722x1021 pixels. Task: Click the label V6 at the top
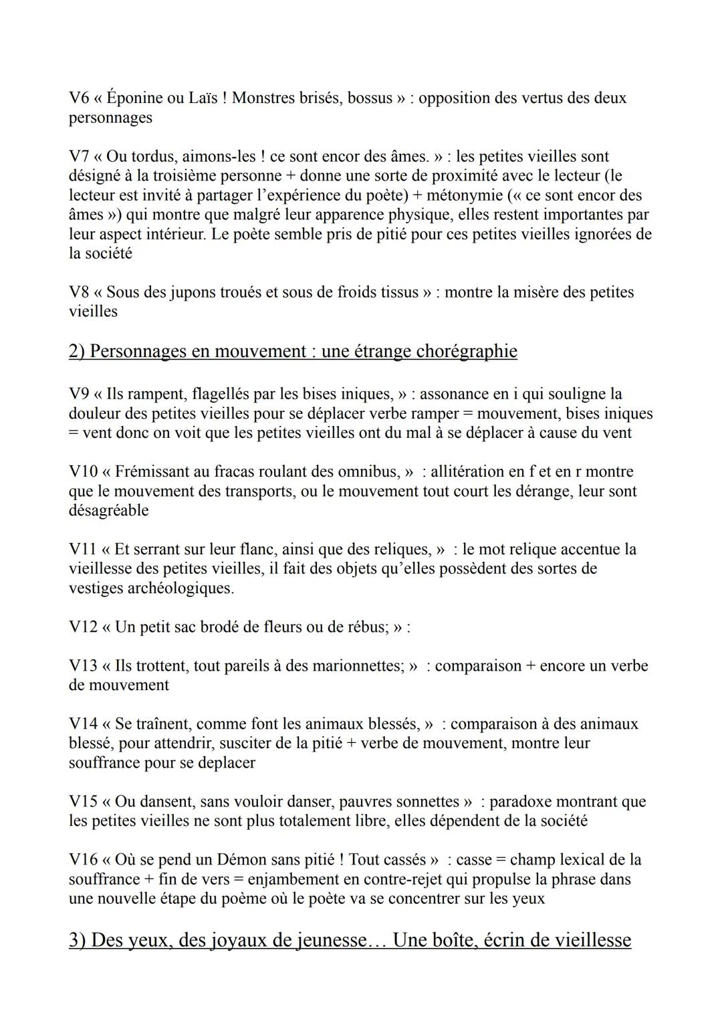(x=78, y=98)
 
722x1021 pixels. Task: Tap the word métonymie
(x=514, y=196)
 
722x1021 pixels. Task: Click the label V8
(x=78, y=292)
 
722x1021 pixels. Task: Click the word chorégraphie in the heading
(x=466, y=351)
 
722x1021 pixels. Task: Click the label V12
(x=83, y=627)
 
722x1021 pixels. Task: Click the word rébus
(x=369, y=627)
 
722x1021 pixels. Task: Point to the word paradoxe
(x=521, y=802)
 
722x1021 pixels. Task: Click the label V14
(x=83, y=724)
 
